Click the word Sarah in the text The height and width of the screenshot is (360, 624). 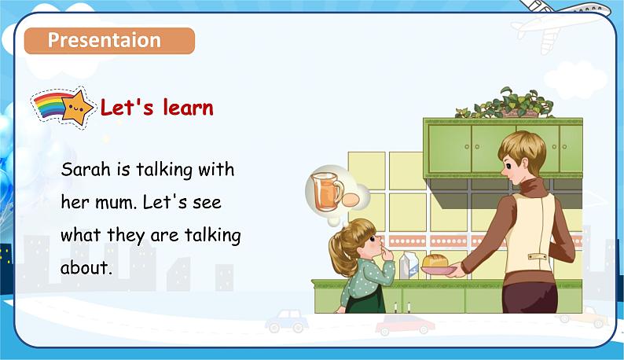[x=83, y=170]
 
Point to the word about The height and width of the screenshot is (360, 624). [x=85, y=268]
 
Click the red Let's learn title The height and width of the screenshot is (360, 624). [x=156, y=108]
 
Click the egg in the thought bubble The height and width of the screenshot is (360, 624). [x=351, y=198]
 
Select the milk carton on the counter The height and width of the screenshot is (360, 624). [x=409, y=264]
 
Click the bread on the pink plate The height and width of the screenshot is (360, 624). [x=435, y=260]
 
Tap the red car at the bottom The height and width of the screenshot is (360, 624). [x=404, y=325]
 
